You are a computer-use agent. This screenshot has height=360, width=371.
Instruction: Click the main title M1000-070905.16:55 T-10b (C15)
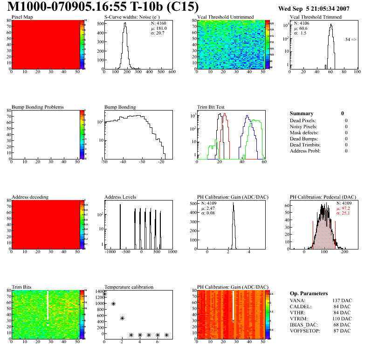[x=103, y=7]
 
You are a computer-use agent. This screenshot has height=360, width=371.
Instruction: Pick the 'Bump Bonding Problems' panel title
[x=38, y=107]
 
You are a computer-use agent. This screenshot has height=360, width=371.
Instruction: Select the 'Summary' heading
[x=302, y=113]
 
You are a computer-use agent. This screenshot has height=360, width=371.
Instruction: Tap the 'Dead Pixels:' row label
[x=303, y=120]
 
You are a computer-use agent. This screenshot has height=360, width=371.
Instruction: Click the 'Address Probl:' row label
[x=305, y=151]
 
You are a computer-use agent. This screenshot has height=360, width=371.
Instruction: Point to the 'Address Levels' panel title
[x=120, y=197]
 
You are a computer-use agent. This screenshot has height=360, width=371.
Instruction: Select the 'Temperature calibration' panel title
[x=129, y=287]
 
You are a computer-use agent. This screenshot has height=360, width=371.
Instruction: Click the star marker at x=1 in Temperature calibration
[x=113, y=304]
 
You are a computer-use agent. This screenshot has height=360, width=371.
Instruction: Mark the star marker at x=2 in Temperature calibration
[x=122, y=318]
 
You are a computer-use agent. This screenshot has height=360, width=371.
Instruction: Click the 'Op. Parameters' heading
[x=309, y=293]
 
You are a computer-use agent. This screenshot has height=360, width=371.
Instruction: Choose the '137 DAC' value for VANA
[x=342, y=300]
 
